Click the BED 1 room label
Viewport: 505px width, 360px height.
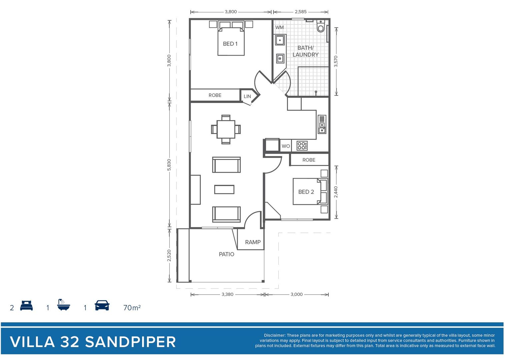(230, 44)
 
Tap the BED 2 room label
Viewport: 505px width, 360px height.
(306, 192)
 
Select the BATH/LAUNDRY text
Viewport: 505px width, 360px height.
(305, 51)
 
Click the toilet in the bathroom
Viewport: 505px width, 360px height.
(321, 26)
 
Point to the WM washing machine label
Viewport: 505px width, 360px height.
(279, 27)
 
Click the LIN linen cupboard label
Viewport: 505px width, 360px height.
(247, 96)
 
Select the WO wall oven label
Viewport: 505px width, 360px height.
(286, 146)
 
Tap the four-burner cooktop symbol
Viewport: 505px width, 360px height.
(302, 146)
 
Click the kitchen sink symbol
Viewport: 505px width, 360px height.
(322, 124)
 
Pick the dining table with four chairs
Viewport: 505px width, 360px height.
(226, 129)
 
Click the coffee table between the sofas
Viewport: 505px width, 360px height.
(224, 189)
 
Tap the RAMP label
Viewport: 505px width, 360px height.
(253, 242)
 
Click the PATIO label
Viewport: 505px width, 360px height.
(226, 254)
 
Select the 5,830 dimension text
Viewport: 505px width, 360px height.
(169, 165)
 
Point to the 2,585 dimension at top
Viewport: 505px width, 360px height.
(300, 12)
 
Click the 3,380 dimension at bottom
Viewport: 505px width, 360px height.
(227, 294)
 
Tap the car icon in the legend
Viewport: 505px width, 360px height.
(102, 305)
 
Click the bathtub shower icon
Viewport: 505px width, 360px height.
(63, 305)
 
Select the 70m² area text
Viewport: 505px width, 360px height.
(132, 308)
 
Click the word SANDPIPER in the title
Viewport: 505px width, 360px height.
(130, 342)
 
